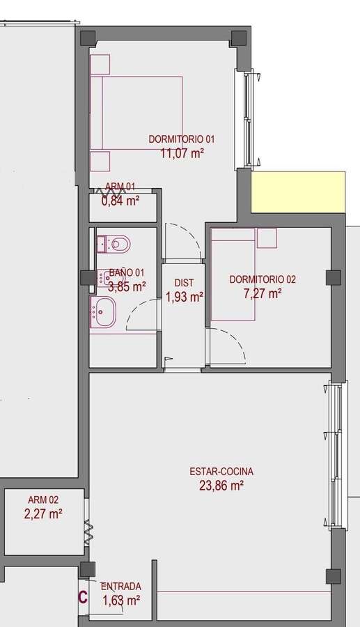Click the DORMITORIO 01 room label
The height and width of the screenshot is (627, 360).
[182, 139]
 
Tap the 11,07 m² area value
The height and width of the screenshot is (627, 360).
[182, 153]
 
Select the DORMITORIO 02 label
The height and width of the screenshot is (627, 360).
[263, 279]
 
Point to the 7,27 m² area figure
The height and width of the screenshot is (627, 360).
[263, 294]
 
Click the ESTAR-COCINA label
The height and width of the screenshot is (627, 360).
[221, 472]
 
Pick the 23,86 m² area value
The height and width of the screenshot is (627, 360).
[221, 486]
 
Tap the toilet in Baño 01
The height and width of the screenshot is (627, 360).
[114, 244]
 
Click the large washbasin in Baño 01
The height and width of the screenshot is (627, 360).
[103, 311]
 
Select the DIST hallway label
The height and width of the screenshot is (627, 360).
[184, 283]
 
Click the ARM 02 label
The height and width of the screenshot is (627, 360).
[43, 500]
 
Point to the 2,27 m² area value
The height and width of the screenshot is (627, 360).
[43, 514]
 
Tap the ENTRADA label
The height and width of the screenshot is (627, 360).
[121, 587]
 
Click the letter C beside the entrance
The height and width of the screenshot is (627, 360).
[83, 598]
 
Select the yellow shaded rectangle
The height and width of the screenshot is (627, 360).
[298, 192]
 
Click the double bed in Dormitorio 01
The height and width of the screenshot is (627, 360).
[136, 113]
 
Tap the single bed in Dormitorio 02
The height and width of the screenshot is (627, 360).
[233, 274]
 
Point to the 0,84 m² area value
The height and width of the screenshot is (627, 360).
[120, 201]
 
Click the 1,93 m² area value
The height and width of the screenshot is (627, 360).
[185, 297]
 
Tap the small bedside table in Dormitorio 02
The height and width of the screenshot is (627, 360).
[267, 238]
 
